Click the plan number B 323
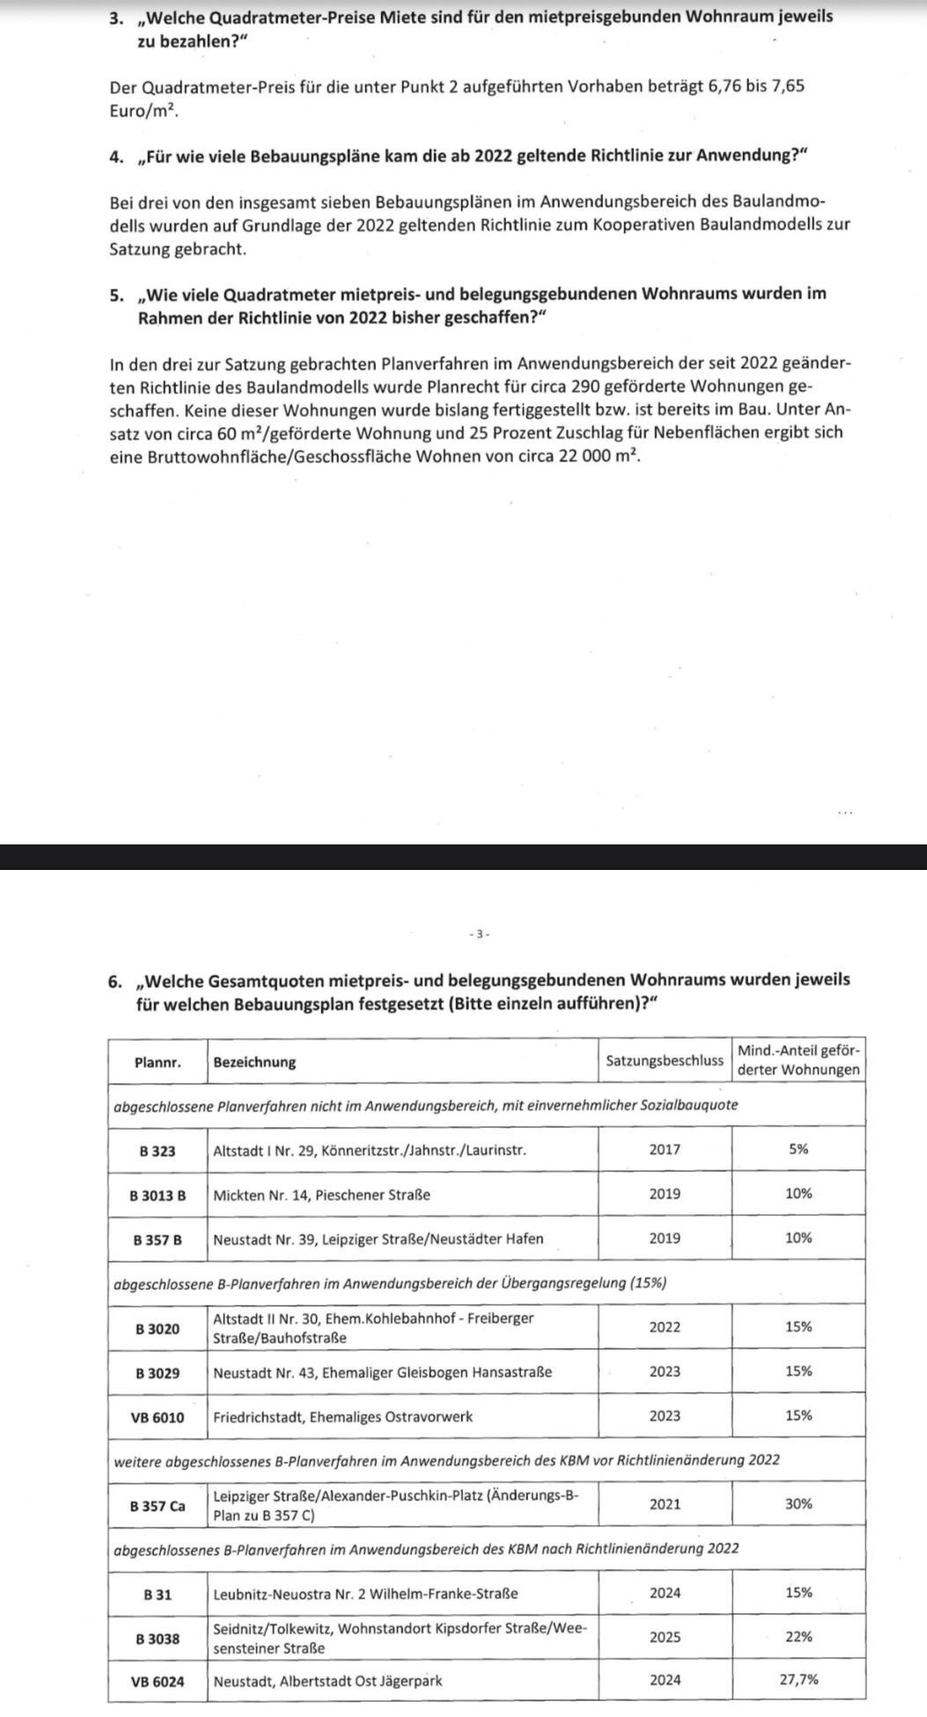pyautogui.click(x=158, y=1151)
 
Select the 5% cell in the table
pyautogui.click(x=798, y=1150)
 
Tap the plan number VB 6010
pyautogui.click(x=158, y=1418)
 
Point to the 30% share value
pyautogui.click(x=798, y=1504)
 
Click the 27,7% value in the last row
pyautogui.click(x=798, y=1680)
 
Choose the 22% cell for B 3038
pyautogui.click(x=798, y=1637)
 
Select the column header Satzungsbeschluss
pyautogui.click(x=665, y=1061)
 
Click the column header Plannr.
pyautogui.click(x=158, y=1062)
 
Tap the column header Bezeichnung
pyautogui.click(x=254, y=1062)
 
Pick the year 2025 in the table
pyautogui.click(x=665, y=1637)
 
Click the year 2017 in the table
pyautogui.click(x=665, y=1150)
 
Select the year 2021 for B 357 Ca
pyautogui.click(x=665, y=1504)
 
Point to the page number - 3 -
pyautogui.click(x=479, y=933)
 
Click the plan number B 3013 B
pyautogui.click(x=158, y=1196)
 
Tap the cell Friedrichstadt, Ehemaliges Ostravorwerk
pyautogui.click(x=342, y=1417)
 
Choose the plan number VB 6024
pyautogui.click(x=158, y=1681)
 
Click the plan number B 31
pyautogui.click(x=158, y=1594)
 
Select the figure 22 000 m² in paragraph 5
pyautogui.click(x=598, y=456)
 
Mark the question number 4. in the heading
pyautogui.click(x=116, y=156)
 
